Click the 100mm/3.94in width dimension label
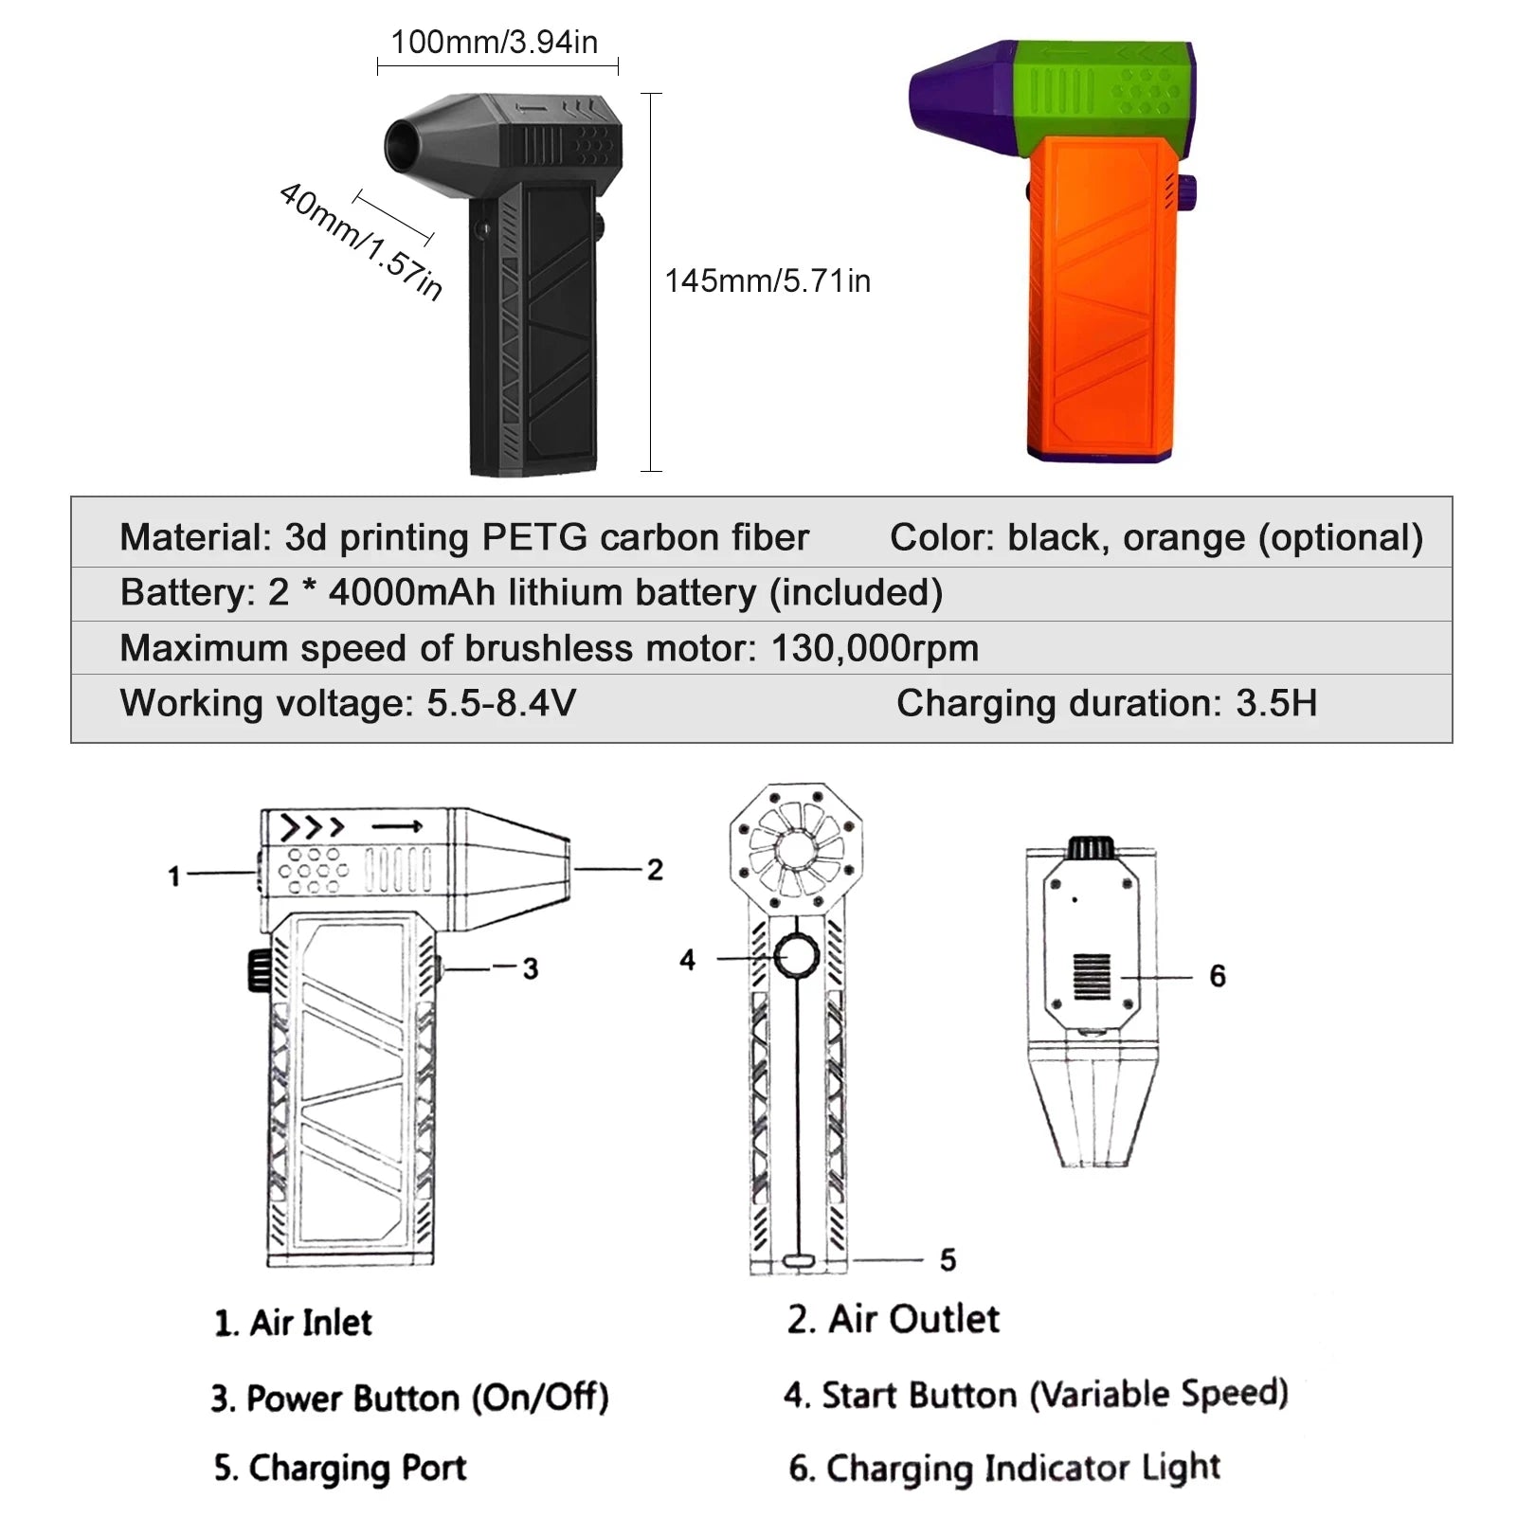pyautogui.click(x=494, y=42)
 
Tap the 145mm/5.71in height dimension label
pyautogui.click(x=768, y=280)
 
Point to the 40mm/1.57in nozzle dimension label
pyautogui.click(x=361, y=241)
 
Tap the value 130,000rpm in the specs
pyautogui.click(x=875, y=648)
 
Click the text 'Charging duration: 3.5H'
pyautogui.click(x=1107, y=703)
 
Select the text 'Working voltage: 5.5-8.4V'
pyautogui.click(x=348, y=703)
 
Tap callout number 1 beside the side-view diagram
pyautogui.click(x=174, y=876)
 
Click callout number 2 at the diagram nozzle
pyautogui.click(x=655, y=870)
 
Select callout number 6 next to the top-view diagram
pyautogui.click(x=1218, y=976)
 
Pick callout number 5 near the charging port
pyautogui.click(x=948, y=1259)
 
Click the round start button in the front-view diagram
pyautogui.click(x=796, y=957)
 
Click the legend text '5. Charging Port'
pyautogui.click(x=340, y=1467)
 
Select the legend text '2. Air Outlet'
pyautogui.click(x=893, y=1319)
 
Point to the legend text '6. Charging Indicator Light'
pyautogui.click(x=1004, y=1468)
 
